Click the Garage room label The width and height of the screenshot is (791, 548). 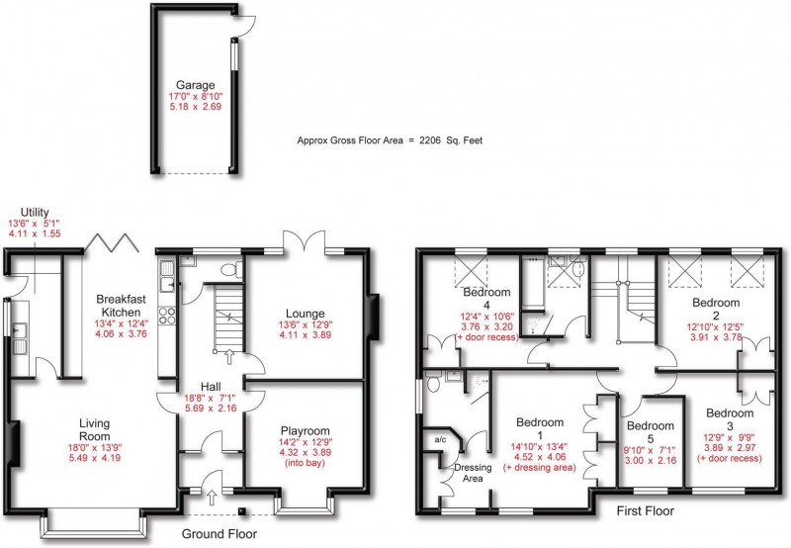point(195,85)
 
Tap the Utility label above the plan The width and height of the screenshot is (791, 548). point(35,212)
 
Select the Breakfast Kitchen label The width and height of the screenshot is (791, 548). point(121,306)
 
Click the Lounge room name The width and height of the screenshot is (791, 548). point(305,314)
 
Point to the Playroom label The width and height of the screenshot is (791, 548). point(306,431)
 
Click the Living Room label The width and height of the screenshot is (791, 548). point(94,429)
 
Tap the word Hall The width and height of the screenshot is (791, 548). point(211,387)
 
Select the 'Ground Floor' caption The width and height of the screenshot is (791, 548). point(219,534)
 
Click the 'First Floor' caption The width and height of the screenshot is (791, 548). point(646,511)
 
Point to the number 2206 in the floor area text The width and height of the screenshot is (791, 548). point(430,140)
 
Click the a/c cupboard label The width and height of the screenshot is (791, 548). point(440,439)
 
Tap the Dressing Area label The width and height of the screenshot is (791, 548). point(473,473)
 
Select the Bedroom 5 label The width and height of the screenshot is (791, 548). point(651,432)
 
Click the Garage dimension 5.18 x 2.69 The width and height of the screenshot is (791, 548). point(195,107)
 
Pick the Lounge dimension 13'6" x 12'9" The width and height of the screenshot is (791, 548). point(306,324)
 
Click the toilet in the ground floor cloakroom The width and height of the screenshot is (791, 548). point(231,269)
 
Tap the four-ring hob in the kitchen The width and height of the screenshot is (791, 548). point(167,316)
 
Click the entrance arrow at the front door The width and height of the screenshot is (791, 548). point(212,497)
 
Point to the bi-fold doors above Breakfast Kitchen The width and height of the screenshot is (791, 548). point(112,242)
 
